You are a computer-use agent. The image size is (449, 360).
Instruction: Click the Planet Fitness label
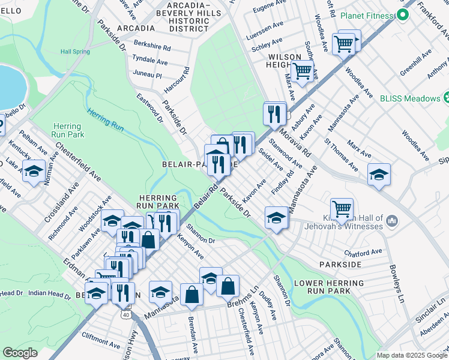tap(368, 15)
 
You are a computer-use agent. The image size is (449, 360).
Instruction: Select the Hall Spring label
tap(75, 52)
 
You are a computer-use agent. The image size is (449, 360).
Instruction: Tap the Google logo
tap(20, 353)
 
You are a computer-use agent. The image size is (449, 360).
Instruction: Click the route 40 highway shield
tap(125, 314)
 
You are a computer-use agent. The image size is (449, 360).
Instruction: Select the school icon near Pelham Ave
tap(34, 170)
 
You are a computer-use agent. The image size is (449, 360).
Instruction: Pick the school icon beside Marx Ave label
tap(378, 174)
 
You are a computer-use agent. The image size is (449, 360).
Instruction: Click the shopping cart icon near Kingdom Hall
tap(342, 209)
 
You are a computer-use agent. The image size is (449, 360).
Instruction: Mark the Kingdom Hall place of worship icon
tap(393, 221)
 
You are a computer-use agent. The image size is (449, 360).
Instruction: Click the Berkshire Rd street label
tap(152, 47)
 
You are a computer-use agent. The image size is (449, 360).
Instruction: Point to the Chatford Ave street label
tap(363, 251)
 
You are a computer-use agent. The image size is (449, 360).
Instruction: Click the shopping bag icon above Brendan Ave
tap(191, 295)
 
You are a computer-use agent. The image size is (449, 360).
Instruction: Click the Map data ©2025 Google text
tap(411, 355)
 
